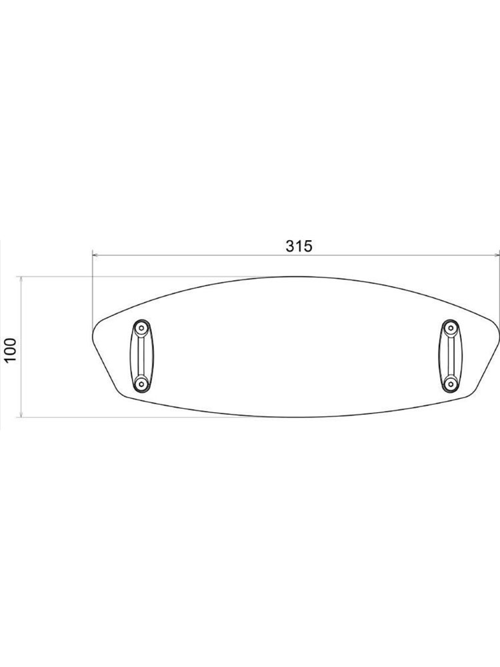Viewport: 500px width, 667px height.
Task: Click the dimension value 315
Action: [x=299, y=246]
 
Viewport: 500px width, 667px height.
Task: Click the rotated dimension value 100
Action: [x=9, y=350]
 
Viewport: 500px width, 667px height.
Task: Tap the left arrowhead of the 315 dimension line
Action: [x=95, y=255]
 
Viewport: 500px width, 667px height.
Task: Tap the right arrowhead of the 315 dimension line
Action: [x=497, y=255]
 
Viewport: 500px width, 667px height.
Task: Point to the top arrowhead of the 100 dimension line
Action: [x=21, y=279]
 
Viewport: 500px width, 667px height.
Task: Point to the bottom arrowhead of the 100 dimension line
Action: [x=21, y=414]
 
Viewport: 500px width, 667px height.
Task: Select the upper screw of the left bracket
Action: [x=141, y=327]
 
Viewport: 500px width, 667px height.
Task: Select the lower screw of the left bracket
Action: [x=141, y=384]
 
